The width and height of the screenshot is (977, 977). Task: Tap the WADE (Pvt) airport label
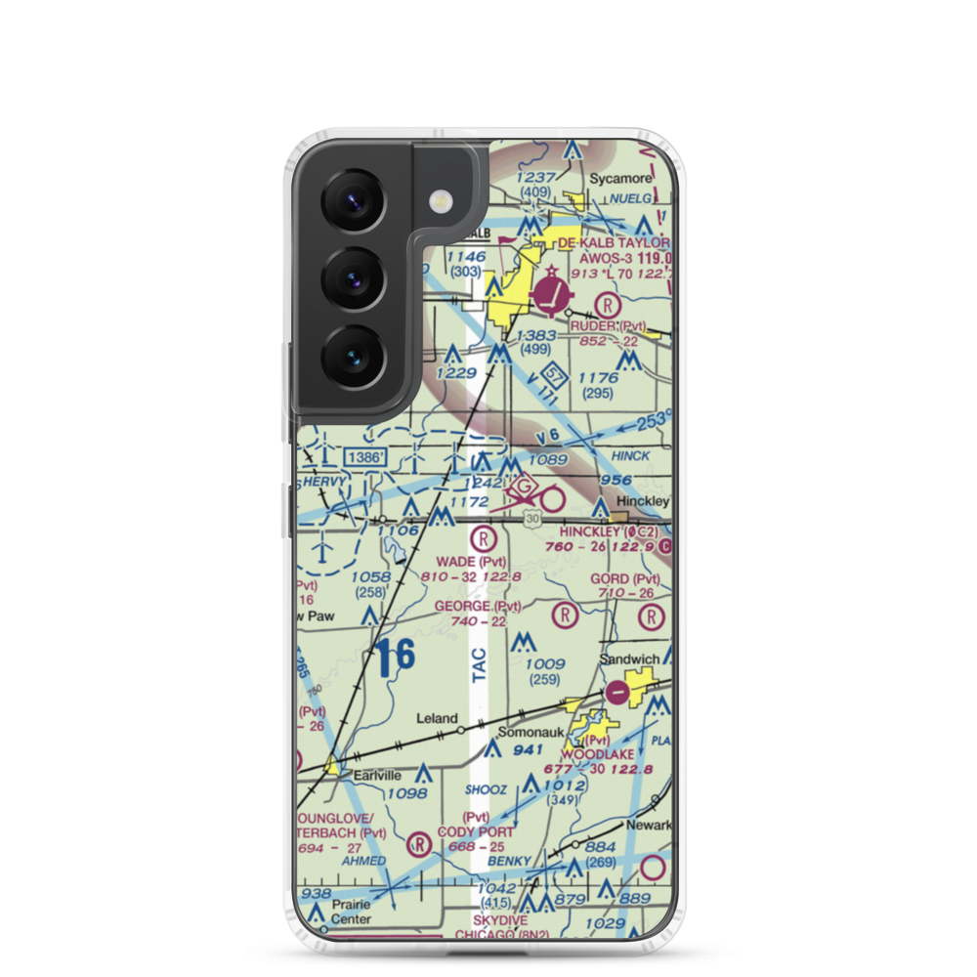pos(472,562)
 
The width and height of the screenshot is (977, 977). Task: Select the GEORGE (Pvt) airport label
pos(472,607)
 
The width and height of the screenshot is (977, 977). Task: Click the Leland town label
pos(437,718)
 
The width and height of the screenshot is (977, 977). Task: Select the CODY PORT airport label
pos(476,831)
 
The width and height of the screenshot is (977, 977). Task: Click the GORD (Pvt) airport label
pos(625,579)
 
